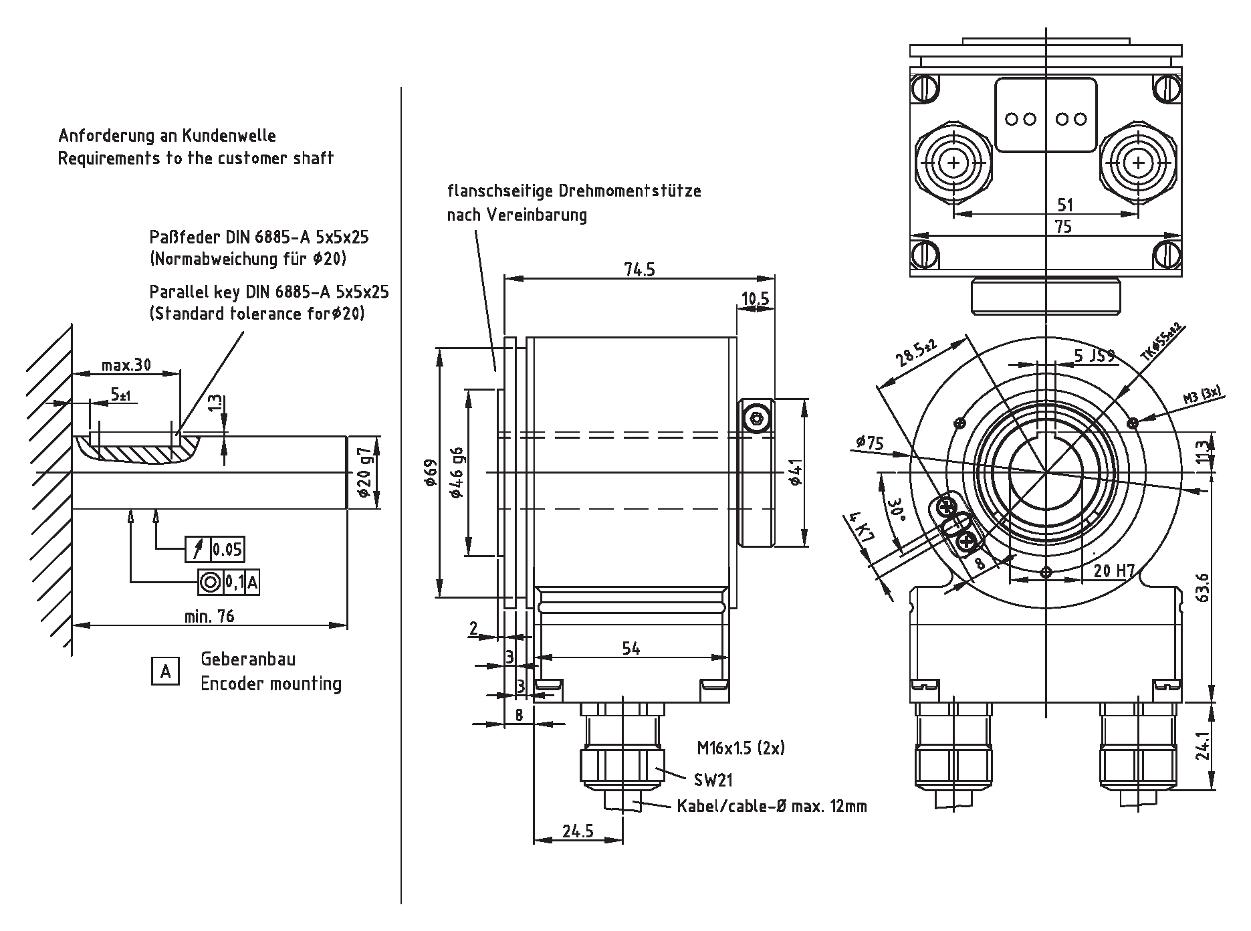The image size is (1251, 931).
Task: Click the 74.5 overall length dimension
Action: coord(639,270)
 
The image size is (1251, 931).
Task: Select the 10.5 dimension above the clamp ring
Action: coord(755,298)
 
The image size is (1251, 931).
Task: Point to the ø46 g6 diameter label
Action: coord(457,472)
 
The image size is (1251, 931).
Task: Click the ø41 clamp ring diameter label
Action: coord(794,472)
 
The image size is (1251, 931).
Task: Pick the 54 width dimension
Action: coord(631,648)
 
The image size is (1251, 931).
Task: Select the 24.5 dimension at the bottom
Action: coord(578,831)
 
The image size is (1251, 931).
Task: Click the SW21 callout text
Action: coord(713,780)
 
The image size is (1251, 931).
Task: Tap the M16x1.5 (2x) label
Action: coord(740,748)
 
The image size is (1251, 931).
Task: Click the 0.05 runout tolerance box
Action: coord(227,550)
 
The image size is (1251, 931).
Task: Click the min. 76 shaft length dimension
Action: coord(209,616)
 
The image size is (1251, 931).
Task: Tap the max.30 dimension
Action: coord(126,365)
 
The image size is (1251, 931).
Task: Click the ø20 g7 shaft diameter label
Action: coord(364,472)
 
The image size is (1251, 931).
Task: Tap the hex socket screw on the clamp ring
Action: coord(756,419)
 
